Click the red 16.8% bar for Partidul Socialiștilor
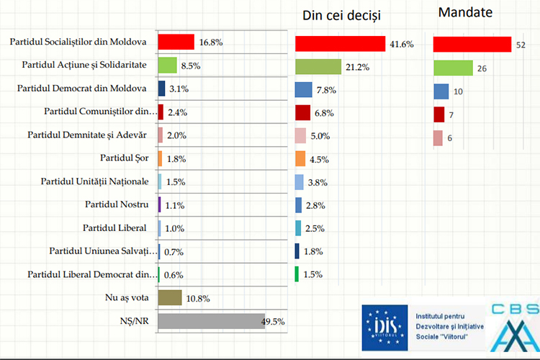pos(176,42)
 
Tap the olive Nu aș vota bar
pos(169,297)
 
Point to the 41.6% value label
pos(402,44)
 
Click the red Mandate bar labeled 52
pos(472,45)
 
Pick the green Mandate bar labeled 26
pos(453,68)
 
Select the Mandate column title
pos(465,12)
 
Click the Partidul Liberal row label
pos(115,228)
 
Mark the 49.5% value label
pos(273,321)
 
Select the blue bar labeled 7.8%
pos(303,90)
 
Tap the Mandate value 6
pos(449,138)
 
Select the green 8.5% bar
pos(167,65)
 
